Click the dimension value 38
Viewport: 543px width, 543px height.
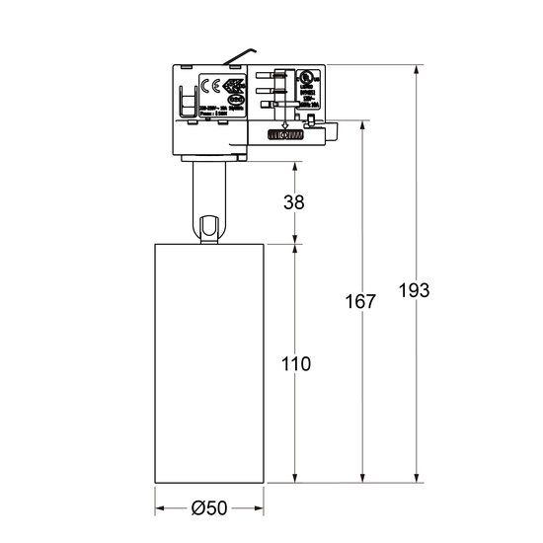pyautogui.click(x=293, y=202)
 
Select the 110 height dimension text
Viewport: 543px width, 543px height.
pyautogui.click(x=294, y=364)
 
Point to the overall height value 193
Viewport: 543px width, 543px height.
pyautogui.click(x=415, y=290)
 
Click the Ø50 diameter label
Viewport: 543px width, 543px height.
pyautogui.click(x=207, y=508)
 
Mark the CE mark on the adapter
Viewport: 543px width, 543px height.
pyautogui.click(x=209, y=85)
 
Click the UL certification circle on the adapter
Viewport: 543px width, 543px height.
pyautogui.click(x=285, y=78)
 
